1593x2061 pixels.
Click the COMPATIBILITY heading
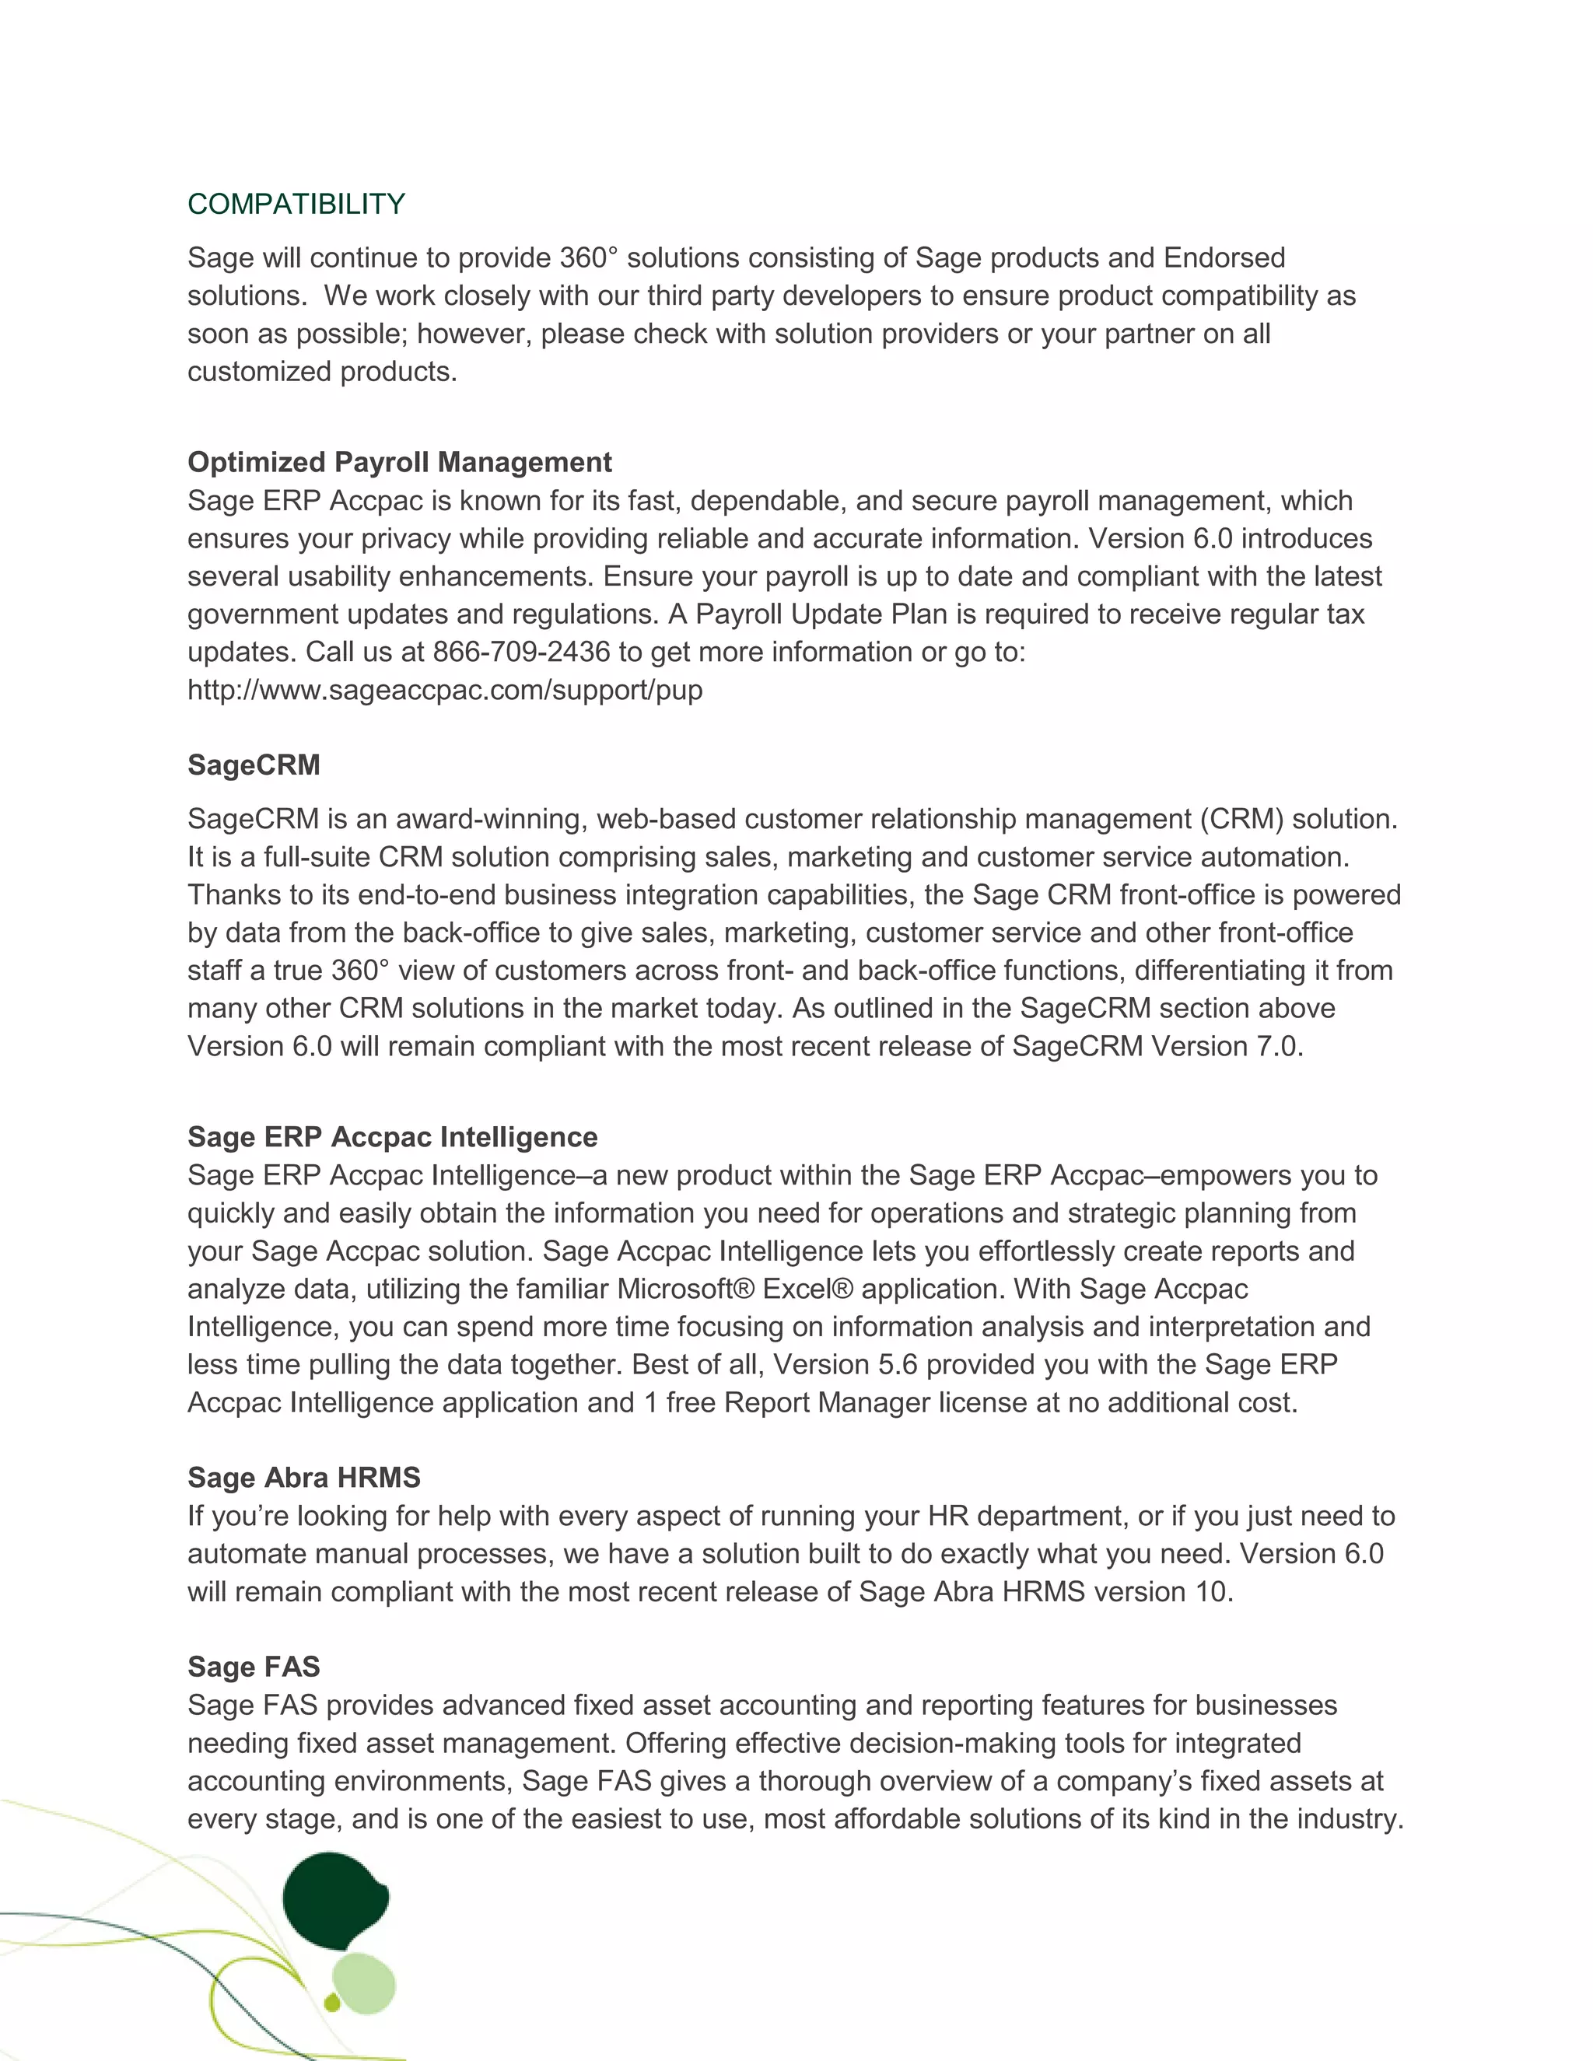click(x=296, y=204)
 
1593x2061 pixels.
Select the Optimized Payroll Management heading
click(x=399, y=463)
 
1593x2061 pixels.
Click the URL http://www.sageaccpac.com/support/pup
click(x=444, y=690)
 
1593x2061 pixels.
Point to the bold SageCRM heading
click(x=254, y=765)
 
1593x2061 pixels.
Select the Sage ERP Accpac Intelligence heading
click(x=392, y=1137)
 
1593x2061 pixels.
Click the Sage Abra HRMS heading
click(x=304, y=1478)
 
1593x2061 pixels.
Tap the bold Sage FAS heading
click(x=254, y=1667)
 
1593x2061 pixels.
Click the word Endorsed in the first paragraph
click(x=1224, y=257)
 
